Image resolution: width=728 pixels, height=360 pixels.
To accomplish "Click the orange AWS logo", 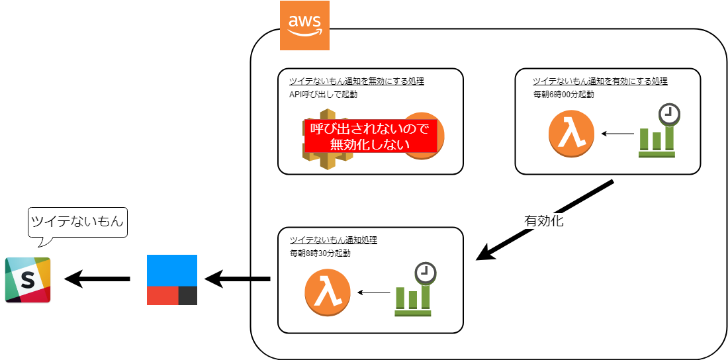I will pos(304,26).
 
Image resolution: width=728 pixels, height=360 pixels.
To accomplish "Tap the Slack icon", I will pos(28,280).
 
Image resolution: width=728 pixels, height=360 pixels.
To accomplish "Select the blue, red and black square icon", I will pos(172,280).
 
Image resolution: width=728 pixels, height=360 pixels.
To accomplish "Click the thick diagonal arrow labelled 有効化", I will pos(547,218).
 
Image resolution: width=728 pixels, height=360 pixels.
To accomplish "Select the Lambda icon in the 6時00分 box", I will pos(571,134).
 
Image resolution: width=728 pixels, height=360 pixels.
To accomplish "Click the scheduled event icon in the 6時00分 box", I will pos(658,132).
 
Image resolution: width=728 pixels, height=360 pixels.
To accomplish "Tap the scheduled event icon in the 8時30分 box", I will pos(414,291).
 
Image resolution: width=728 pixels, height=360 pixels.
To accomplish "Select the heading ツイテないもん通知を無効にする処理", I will pos(356,81).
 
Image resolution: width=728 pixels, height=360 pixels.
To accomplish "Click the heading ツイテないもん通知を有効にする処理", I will pos(600,81).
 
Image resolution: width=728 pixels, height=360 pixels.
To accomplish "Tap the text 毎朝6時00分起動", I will pos(563,94).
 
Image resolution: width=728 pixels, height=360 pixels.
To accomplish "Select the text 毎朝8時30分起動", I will pos(320,253).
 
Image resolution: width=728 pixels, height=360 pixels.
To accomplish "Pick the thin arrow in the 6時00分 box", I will pos(617,134).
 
